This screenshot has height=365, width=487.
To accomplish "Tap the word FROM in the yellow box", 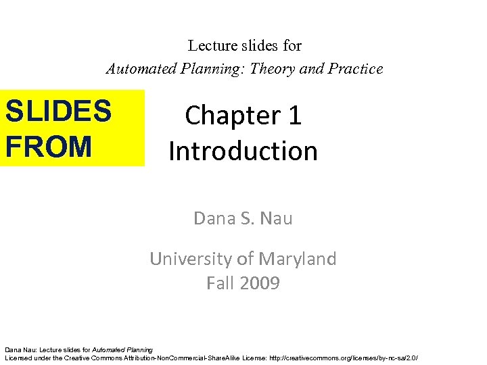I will pos(48,146).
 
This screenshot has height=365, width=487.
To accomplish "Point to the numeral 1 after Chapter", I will pos(294,116).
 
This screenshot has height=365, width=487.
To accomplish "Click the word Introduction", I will pos(243,150).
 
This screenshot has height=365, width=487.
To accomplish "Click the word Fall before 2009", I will pos(220,283).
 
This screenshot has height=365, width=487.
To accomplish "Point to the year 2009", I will pos(258,283).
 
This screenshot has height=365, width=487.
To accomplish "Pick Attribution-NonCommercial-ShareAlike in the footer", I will pos(191,357).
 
